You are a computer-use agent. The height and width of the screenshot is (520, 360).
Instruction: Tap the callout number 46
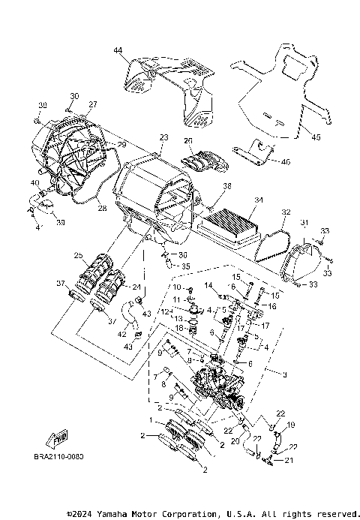point(285,161)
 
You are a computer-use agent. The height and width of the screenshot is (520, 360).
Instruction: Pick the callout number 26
point(189,140)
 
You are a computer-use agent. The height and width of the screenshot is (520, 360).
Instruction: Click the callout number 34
point(259,200)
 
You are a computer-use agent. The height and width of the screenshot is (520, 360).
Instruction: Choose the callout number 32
point(285,212)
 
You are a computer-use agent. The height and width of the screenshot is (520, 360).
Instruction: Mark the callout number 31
point(304,223)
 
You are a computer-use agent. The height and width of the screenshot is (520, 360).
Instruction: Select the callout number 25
point(78,256)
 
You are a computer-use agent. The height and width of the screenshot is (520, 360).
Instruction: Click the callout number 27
point(94,104)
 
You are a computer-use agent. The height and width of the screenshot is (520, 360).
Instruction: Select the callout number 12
point(164,311)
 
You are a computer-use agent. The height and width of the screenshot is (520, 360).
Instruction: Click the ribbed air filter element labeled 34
point(231,222)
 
